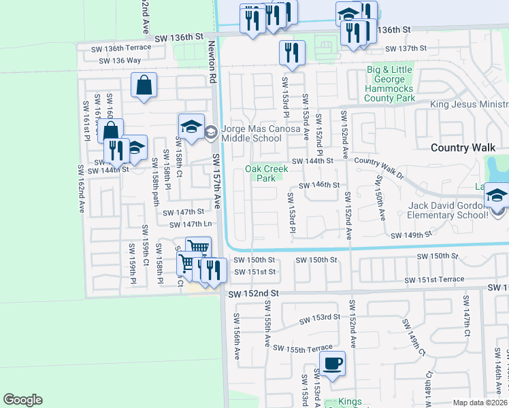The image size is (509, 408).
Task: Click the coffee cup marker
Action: tap(332, 364)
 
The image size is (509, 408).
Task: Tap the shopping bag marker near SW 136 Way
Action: tap(144, 86)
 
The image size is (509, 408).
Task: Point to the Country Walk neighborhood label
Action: tap(459, 148)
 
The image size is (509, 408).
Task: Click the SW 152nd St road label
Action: tap(254, 294)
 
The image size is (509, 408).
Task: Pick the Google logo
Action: tap(22, 400)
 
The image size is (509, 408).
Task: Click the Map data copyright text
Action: tap(480, 403)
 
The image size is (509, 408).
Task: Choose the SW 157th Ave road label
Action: tap(217, 180)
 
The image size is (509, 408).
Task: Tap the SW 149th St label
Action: tap(411, 235)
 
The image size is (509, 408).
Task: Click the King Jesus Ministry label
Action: tap(470, 105)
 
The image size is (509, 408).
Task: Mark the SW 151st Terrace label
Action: tap(434, 279)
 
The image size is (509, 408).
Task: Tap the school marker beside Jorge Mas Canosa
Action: tap(191, 126)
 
